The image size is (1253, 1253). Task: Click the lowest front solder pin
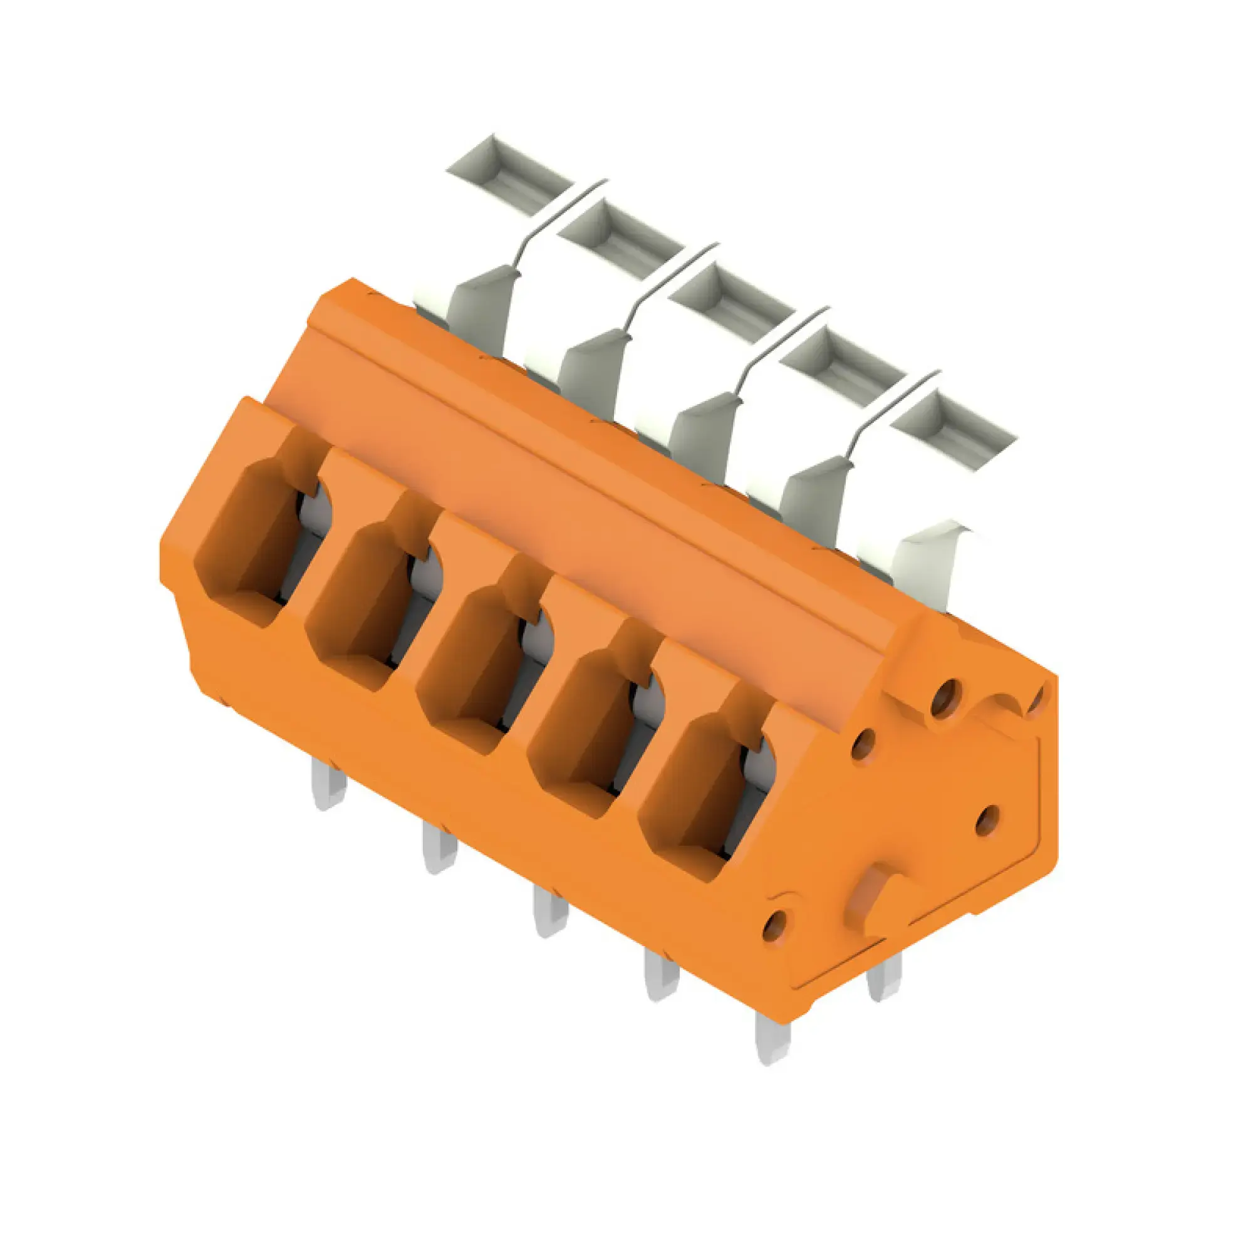point(772,1037)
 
